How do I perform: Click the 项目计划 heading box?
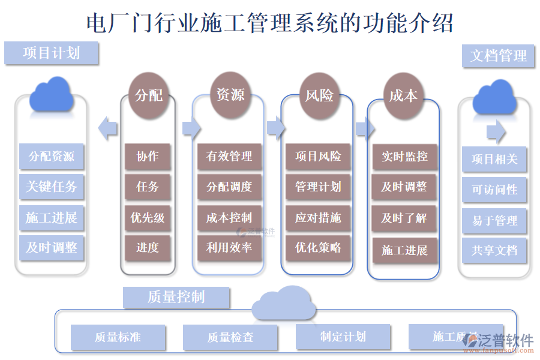51,53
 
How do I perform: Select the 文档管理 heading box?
498,56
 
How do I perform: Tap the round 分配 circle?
148,95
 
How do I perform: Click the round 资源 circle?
230,94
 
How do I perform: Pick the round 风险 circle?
319,95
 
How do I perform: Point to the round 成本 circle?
403,95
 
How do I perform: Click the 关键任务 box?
51,187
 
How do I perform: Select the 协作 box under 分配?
148,157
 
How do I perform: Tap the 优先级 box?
148,217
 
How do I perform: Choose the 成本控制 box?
230,217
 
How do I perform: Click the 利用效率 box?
230,247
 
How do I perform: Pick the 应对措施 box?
318,217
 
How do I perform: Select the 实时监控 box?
404,157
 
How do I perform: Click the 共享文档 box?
494,250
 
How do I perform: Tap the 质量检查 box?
230,337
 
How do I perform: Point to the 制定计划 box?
343,337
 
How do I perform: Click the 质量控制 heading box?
176,297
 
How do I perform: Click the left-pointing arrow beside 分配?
107,128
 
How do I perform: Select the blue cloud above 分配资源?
52,94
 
